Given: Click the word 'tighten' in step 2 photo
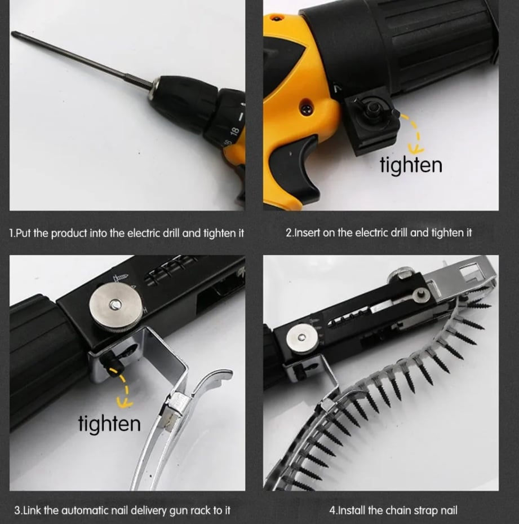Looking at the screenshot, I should pos(410,165).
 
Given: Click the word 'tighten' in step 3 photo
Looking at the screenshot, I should pos(109,423).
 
